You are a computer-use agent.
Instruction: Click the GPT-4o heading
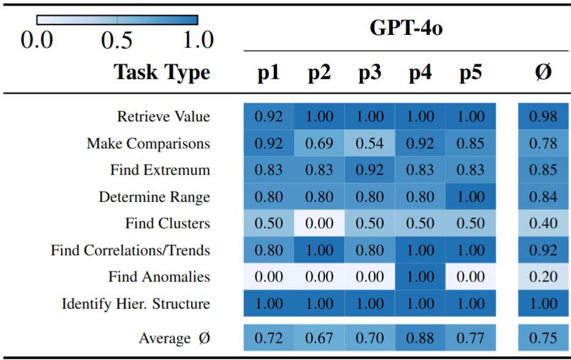click(x=406, y=28)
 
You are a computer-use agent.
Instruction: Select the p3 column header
click(x=370, y=72)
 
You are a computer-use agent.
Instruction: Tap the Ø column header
click(x=542, y=72)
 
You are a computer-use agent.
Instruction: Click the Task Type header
click(x=162, y=72)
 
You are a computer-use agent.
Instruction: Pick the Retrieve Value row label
click(x=163, y=116)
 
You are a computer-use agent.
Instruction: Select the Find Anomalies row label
click(x=159, y=277)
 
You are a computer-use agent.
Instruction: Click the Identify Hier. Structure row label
click(x=136, y=304)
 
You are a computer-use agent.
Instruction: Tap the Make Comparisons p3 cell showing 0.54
click(x=370, y=143)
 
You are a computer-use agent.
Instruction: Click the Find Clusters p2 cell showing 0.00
click(x=319, y=224)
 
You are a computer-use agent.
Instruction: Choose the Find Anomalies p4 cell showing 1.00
click(x=420, y=277)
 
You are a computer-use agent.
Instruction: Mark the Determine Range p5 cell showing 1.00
click(x=470, y=197)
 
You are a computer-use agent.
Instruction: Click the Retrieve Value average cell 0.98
click(x=543, y=116)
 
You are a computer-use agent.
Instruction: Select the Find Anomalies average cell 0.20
click(x=543, y=277)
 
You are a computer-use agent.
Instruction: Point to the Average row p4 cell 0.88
click(x=420, y=338)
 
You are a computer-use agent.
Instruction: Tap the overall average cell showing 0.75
click(x=543, y=338)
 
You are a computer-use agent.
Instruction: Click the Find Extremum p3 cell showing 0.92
click(x=370, y=170)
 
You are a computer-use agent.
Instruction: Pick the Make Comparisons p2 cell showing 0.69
click(x=319, y=143)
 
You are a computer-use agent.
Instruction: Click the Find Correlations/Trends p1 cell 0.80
click(x=268, y=251)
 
